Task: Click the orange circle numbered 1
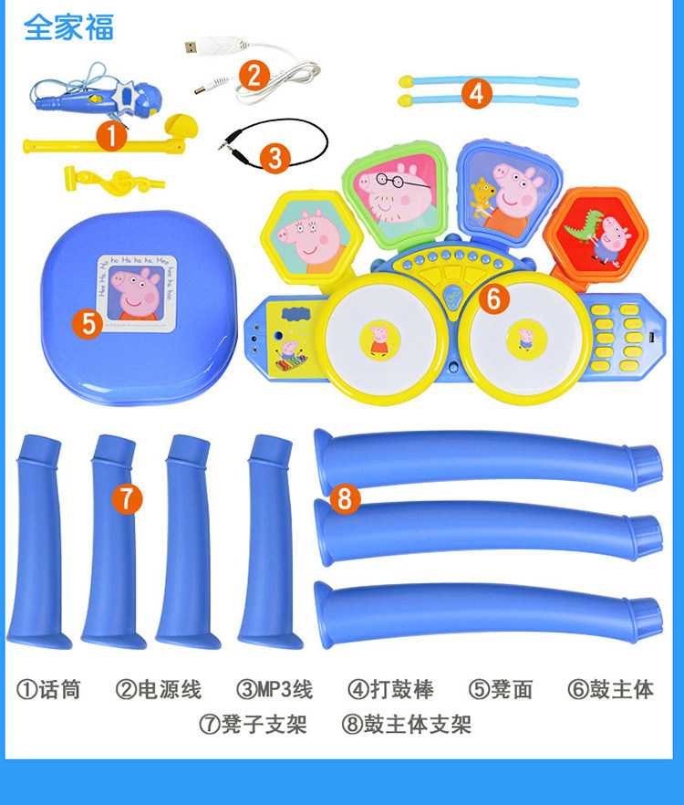click(x=111, y=136)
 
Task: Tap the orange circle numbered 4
click(x=475, y=92)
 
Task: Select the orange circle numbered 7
click(x=127, y=497)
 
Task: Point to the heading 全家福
click(x=68, y=27)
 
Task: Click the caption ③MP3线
click(x=275, y=689)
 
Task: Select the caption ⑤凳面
click(x=501, y=689)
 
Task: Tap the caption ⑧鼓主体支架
click(x=406, y=725)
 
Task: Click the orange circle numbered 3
click(x=275, y=157)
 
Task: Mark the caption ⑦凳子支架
click(x=253, y=725)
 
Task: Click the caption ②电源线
click(x=158, y=689)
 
